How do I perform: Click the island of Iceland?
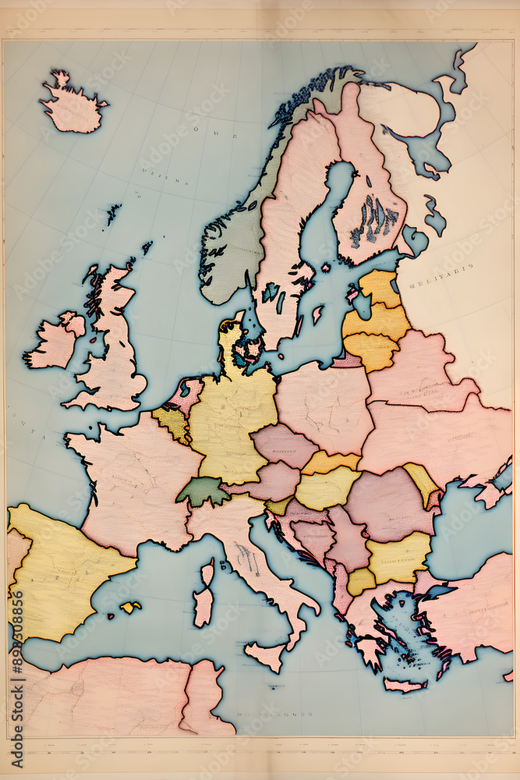[x=72, y=105]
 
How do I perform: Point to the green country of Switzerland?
[x=203, y=491]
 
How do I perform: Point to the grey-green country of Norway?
[x=234, y=242]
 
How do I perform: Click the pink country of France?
[x=136, y=484]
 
